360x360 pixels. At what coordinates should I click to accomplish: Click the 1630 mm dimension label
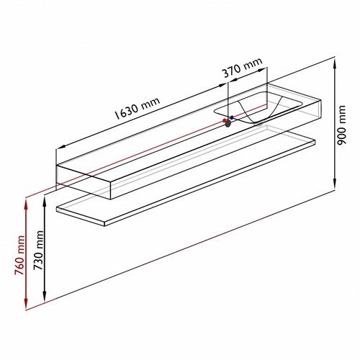point(138,108)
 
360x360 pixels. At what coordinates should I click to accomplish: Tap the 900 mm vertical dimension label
point(341,125)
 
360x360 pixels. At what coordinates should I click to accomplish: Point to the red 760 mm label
point(19,255)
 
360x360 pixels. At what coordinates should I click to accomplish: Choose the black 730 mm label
point(38,251)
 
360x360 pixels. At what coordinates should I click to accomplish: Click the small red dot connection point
point(225,120)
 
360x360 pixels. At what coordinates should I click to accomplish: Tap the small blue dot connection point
point(232,117)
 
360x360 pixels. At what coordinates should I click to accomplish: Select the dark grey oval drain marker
point(228,123)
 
